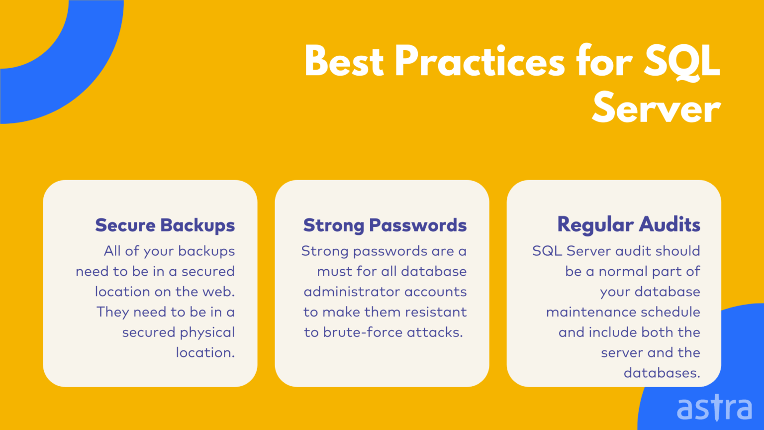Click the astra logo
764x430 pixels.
(714, 408)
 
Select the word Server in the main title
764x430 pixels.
(656, 108)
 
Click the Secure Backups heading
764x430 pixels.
(165, 225)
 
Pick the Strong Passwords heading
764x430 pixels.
(385, 225)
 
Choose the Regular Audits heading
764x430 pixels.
(629, 225)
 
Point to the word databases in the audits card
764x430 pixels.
(662, 373)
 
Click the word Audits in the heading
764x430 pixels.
(669, 225)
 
